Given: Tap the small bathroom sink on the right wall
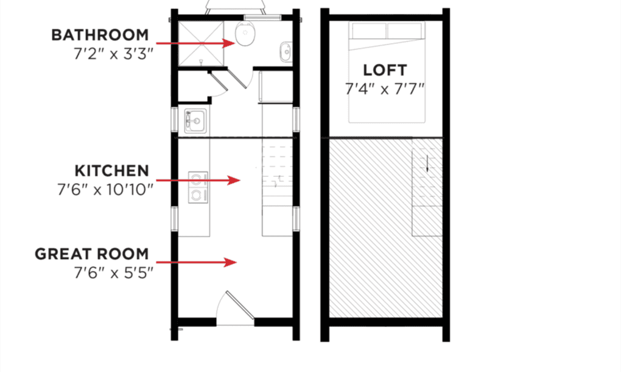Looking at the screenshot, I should click(x=286, y=51).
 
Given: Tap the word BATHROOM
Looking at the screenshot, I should click(x=100, y=35).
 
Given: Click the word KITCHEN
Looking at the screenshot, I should click(x=112, y=170).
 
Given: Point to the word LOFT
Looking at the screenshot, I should click(x=385, y=70).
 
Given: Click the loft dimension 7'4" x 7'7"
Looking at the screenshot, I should click(x=385, y=88).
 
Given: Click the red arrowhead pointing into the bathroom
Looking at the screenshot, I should click(x=229, y=43).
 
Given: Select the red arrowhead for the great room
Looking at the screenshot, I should click(x=230, y=262).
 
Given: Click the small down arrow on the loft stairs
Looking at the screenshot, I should click(x=427, y=163).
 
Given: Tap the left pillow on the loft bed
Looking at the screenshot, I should click(x=369, y=30).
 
